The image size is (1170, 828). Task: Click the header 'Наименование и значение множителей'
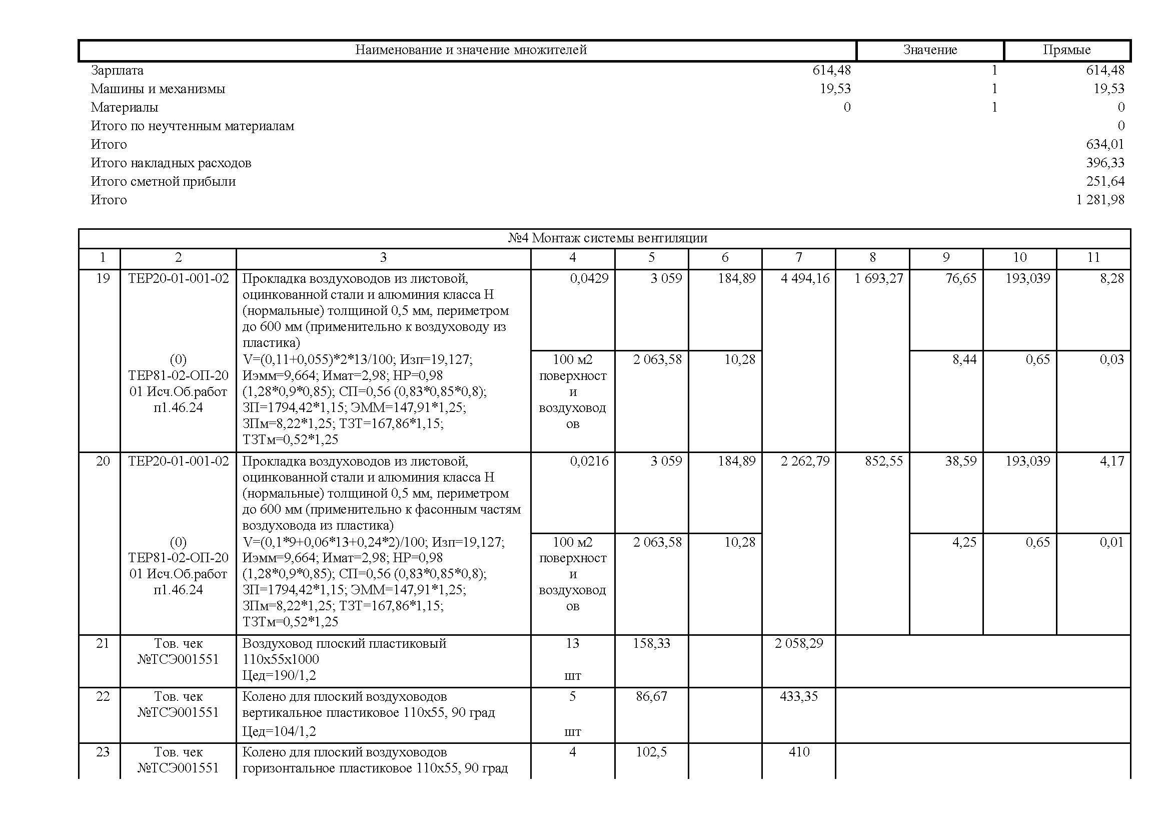(x=470, y=50)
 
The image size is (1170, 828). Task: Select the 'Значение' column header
(x=930, y=50)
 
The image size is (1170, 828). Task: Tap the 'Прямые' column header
(x=1066, y=50)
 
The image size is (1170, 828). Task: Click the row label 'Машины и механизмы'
(x=158, y=89)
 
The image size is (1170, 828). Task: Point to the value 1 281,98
(x=1100, y=200)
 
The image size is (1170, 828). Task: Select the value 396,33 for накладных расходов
(x=1105, y=163)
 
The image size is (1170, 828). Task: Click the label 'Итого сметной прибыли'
(x=163, y=182)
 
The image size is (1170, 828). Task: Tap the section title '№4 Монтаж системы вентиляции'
(x=607, y=238)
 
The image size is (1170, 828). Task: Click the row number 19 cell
(x=103, y=278)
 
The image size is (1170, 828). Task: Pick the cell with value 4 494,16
(x=805, y=278)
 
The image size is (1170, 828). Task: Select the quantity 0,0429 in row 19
(x=589, y=278)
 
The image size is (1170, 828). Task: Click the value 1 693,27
(x=878, y=278)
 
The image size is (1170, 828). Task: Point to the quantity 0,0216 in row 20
(x=589, y=462)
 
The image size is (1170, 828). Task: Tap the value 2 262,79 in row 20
(x=805, y=462)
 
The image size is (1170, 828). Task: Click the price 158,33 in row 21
(x=651, y=643)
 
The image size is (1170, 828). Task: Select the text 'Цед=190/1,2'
(x=279, y=676)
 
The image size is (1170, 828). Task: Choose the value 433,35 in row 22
(x=798, y=696)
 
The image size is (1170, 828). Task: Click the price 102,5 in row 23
(x=651, y=752)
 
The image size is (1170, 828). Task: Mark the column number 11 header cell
(x=1093, y=258)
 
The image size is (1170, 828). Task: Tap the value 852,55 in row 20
(x=883, y=462)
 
